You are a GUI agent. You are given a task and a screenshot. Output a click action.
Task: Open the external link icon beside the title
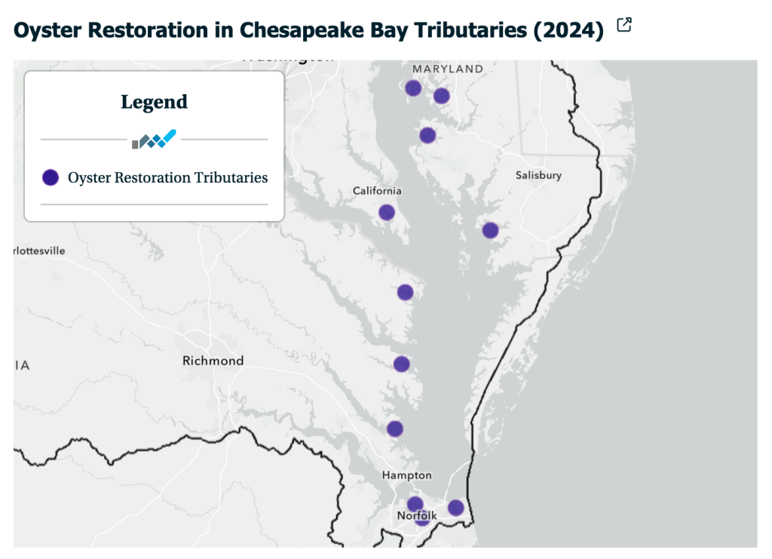pyautogui.click(x=623, y=26)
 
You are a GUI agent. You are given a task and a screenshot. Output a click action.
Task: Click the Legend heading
pyautogui.click(x=154, y=101)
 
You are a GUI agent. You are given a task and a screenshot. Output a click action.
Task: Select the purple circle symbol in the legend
pyautogui.click(x=51, y=177)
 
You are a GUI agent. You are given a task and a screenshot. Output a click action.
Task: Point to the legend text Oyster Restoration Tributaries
pyautogui.click(x=167, y=177)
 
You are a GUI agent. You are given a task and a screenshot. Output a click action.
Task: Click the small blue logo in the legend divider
pyautogui.click(x=154, y=140)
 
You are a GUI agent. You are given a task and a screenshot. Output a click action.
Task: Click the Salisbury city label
pyautogui.click(x=538, y=175)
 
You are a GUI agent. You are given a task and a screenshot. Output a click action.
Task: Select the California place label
pyautogui.click(x=377, y=191)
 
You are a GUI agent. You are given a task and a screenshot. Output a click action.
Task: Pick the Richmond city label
pyautogui.click(x=213, y=361)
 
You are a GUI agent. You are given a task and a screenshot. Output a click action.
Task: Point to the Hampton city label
pyautogui.click(x=406, y=475)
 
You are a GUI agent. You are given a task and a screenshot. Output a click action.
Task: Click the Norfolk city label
pyautogui.click(x=416, y=516)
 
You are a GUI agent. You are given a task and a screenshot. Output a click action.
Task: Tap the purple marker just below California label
pyautogui.click(x=387, y=212)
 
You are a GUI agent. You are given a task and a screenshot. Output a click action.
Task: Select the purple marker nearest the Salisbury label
pyautogui.click(x=490, y=230)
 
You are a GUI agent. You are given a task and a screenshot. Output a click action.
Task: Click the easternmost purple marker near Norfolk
pyautogui.click(x=455, y=508)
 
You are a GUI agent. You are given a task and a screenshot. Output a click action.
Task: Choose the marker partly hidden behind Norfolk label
pyautogui.click(x=422, y=521)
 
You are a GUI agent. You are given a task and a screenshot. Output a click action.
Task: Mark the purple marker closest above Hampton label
pyautogui.click(x=395, y=428)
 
